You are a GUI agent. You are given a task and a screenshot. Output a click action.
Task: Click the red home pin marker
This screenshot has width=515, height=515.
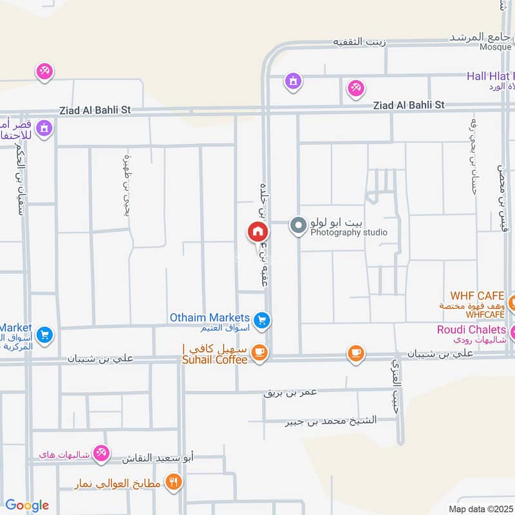pyautogui.click(x=257, y=232)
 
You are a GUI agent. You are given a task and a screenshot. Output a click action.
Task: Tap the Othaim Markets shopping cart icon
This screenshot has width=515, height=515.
pyautogui.click(x=261, y=320)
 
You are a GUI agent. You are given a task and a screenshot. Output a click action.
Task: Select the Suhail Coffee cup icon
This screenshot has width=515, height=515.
pyautogui.click(x=259, y=351)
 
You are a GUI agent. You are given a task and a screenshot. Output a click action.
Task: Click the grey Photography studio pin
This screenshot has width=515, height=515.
pyautogui.click(x=298, y=225)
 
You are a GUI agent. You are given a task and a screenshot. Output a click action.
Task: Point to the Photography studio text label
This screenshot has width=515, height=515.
pyautogui.click(x=349, y=232)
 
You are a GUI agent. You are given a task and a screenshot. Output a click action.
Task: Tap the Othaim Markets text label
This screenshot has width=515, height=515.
pyautogui.click(x=209, y=318)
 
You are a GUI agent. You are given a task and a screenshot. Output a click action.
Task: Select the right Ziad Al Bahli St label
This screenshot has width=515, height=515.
pyautogui.click(x=408, y=104)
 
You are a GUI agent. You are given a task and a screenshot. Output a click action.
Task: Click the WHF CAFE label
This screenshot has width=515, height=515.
pyautogui.click(x=477, y=295)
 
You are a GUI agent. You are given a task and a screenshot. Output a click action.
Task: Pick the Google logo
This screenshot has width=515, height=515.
pyautogui.click(x=27, y=505)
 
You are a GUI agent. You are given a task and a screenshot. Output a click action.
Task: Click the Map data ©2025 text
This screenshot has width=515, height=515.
pyautogui.click(x=480, y=509)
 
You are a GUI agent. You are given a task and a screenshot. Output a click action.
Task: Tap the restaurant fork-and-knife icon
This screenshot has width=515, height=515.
pyautogui.click(x=173, y=481)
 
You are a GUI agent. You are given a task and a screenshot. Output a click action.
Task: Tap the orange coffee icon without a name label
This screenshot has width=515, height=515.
pyautogui.click(x=355, y=352)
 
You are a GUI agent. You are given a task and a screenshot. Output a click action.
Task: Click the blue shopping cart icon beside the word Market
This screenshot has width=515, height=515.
pyautogui.click(x=44, y=334)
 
